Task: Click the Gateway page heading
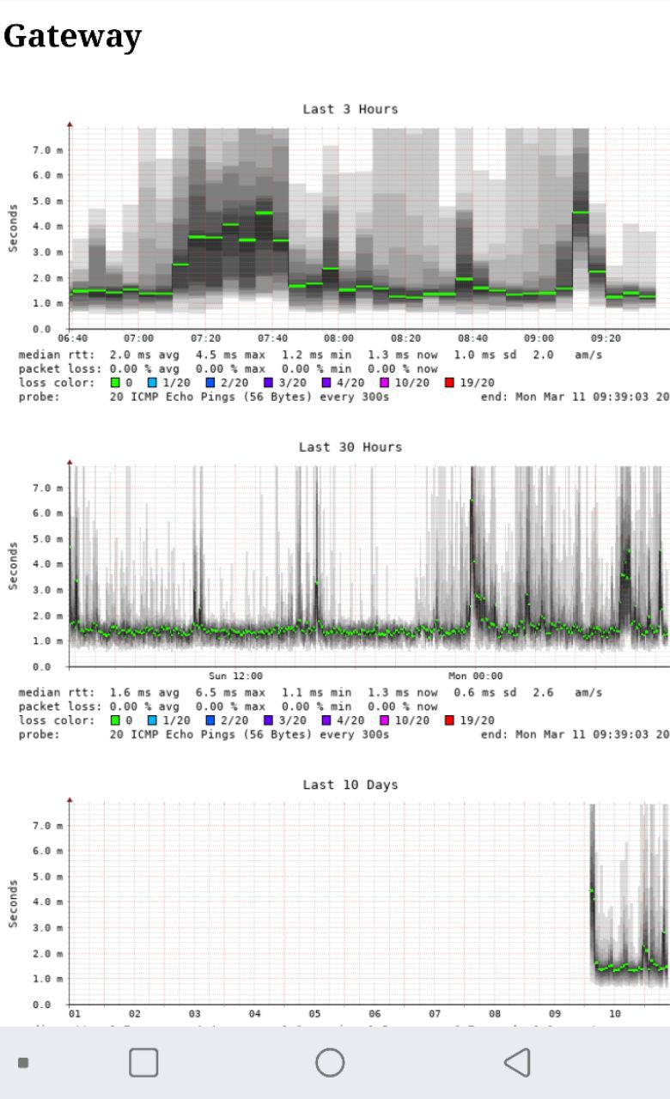[72, 36]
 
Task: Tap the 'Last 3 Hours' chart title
[350, 109]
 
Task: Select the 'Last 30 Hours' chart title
[350, 446]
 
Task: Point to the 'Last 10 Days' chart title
[350, 785]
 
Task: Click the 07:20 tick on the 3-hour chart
[205, 338]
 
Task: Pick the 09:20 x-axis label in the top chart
[606, 338]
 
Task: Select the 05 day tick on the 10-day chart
[315, 1014]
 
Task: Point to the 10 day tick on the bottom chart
[615, 1014]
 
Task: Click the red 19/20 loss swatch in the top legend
[449, 383]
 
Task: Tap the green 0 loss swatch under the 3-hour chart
[115, 383]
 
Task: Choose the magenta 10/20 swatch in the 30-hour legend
[385, 720]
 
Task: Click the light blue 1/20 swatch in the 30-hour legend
[153, 720]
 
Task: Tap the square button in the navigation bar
[143, 1062]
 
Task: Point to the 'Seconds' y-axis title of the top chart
[13, 228]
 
